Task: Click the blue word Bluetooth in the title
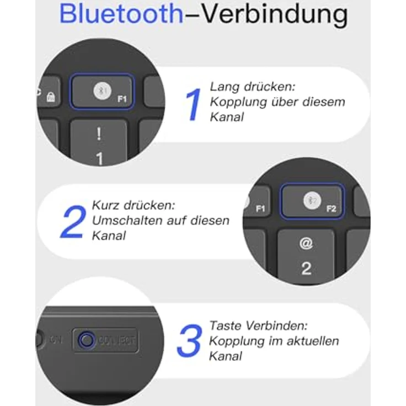(x=121, y=14)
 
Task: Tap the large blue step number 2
(x=73, y=221)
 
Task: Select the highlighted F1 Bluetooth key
(x=102, y=92)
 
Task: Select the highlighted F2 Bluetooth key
(x=312, y=201)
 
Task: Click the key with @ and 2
(x=306, y=255)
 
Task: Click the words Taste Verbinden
(x=258, y=326)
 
